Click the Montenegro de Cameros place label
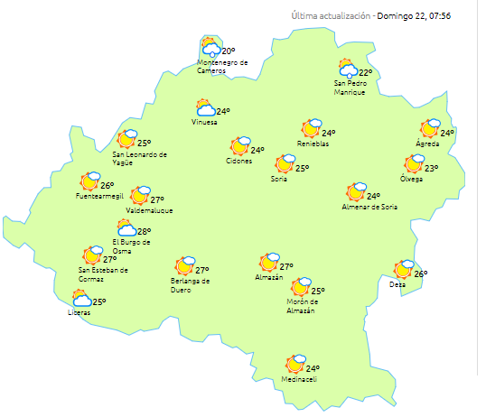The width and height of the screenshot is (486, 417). (222, 67)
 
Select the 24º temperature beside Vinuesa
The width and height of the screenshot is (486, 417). (222, 111)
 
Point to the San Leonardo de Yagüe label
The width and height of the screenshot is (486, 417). (140, 158)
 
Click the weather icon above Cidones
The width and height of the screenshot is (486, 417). (240, 145)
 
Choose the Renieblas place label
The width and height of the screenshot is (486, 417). (313, 144)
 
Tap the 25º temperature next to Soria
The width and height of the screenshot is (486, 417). (303, 168)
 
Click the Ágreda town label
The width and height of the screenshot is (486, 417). (427, 144)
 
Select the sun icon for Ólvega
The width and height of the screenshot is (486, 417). (414, 164)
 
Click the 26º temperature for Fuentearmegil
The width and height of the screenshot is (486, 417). (107, 186)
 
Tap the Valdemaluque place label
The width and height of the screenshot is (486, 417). (149, 210)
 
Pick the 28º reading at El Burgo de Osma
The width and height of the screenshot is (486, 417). (145, 232)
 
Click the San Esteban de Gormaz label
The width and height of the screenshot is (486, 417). (103, 273)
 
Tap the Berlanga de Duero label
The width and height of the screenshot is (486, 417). (191, 284)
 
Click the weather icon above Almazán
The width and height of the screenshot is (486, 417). (268, 263)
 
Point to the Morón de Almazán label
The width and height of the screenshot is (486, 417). (300, 307)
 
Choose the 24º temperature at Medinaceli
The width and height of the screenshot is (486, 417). (313, 368)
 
